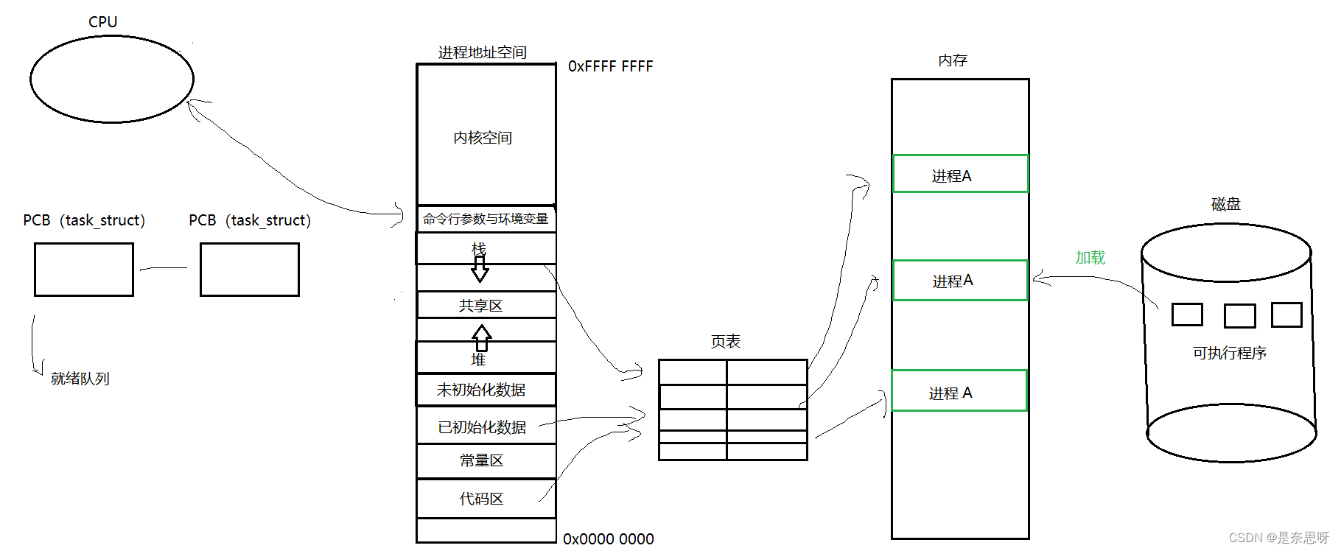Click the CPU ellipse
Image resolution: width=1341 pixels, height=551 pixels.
[x=112, y=79]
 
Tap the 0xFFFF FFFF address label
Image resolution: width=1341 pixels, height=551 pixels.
[x=610, y=66]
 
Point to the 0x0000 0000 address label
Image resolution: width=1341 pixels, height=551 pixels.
[x=608, y=539]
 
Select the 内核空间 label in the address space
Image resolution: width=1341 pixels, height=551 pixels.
[x=483, y=138]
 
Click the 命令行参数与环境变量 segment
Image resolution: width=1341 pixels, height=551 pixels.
[x=486, y=219]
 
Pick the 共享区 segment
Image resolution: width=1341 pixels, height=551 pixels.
[x=481, y=305]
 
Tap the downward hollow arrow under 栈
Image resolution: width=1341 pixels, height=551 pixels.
[x=480, y=269]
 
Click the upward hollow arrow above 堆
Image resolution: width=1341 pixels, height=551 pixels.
[x=482, y=338]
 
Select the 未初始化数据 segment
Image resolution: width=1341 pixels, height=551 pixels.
[x=481, y=390]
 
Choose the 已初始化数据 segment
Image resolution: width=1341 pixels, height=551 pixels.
[x=482, y=427]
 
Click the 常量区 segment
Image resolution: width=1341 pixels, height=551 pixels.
[x=482, y=460]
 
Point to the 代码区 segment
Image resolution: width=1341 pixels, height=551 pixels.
[x=482, y=499]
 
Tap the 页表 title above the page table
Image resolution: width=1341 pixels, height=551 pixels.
[x=726, y=341]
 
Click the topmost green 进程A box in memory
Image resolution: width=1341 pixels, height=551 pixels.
[x=959, y=175]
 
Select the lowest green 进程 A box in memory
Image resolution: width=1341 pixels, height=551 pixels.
[x=959, y=391]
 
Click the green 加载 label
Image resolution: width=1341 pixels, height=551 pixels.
[x=1090, y=257]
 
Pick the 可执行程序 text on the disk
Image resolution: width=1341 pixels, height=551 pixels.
[x=1229, y=353]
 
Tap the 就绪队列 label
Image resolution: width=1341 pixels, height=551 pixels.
[x=80, y=379]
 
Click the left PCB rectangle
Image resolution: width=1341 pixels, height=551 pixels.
[x=84, y=270]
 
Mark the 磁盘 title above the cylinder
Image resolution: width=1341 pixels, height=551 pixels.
[x=1226, y=204]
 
